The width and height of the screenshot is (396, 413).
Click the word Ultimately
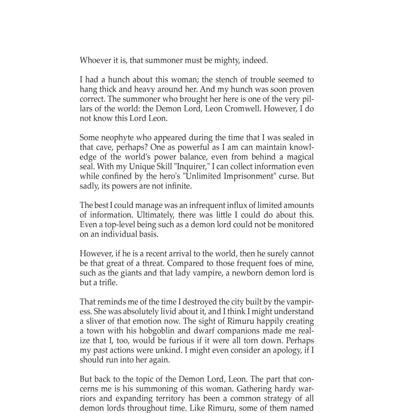click(155, 215)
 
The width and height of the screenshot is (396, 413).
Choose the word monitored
click(295, 225)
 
